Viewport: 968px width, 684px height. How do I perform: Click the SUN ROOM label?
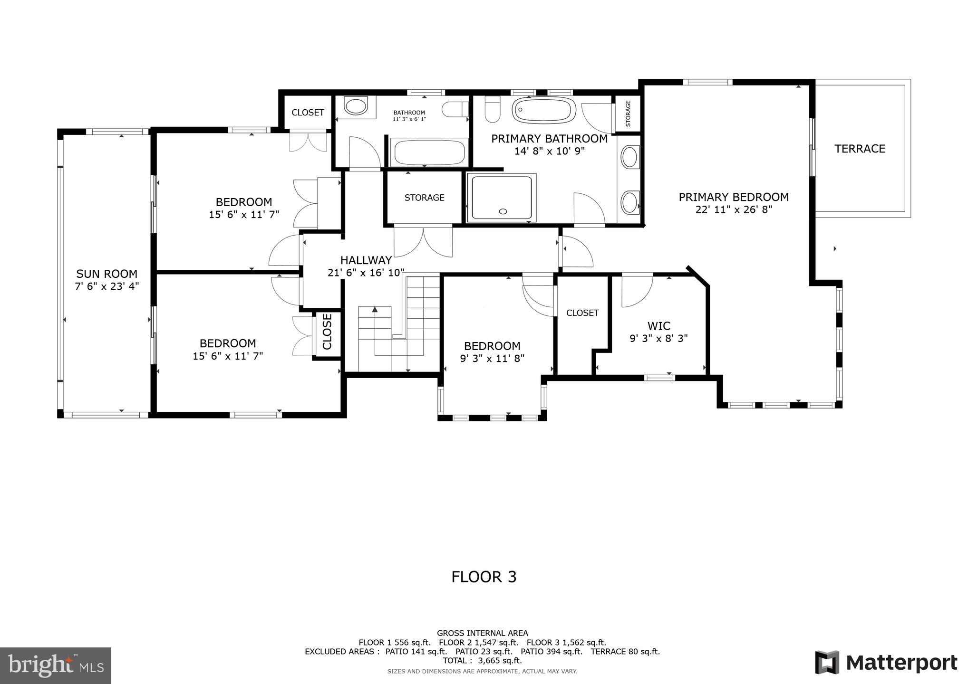[107, 274]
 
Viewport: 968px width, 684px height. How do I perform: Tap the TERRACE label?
[860, 149]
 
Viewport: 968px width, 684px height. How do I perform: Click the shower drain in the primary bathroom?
[503, 212]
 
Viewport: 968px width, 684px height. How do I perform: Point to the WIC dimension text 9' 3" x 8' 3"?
[658, 339]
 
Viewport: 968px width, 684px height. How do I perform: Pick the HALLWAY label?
[366, 260]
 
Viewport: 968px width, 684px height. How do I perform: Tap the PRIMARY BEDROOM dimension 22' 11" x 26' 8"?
[734, 209]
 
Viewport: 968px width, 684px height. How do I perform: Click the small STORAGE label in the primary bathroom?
[628, 114]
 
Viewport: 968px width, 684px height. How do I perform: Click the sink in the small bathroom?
[356, 106]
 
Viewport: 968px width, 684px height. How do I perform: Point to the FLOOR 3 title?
[484, 577]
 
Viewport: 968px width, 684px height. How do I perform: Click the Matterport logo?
[886, 662]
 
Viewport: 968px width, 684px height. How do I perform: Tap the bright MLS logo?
[56, 665]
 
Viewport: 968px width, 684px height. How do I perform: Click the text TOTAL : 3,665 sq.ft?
[482, 660]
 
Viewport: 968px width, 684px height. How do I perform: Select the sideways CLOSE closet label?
[327, 332]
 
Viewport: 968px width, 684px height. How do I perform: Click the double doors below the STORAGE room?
[423, 241]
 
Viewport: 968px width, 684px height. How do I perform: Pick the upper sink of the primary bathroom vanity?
[630, 157]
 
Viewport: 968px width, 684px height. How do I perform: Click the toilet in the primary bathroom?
[492, 111]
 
